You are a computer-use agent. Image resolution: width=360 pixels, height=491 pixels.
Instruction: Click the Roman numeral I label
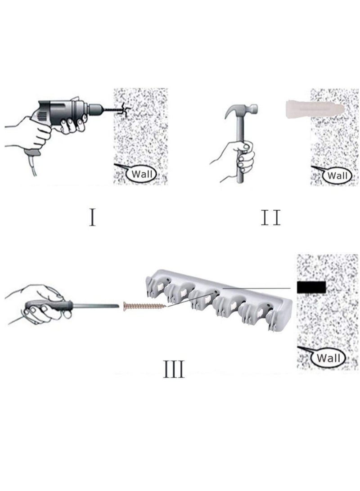(x=92, y=217)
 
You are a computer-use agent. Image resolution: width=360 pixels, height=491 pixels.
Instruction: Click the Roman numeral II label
(x=271, y=217)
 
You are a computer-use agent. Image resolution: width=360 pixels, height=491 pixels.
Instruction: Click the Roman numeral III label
(x=174, y=369)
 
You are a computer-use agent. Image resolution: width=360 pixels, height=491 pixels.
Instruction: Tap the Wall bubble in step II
(x=337, y=176)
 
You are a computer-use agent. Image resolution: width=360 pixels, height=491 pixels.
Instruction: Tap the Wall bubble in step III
(x=328, y=358)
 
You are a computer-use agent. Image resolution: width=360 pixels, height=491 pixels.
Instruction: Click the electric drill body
(x=63, y=113)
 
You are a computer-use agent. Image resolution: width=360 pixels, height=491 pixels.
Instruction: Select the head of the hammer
(x=241, y=110)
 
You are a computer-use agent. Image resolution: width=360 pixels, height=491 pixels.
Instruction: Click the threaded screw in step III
(x=144, y=305)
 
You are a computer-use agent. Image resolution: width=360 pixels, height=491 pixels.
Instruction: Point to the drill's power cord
(x=32, y=164)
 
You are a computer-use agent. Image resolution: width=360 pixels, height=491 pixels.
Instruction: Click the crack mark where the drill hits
(x=125, y=110)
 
